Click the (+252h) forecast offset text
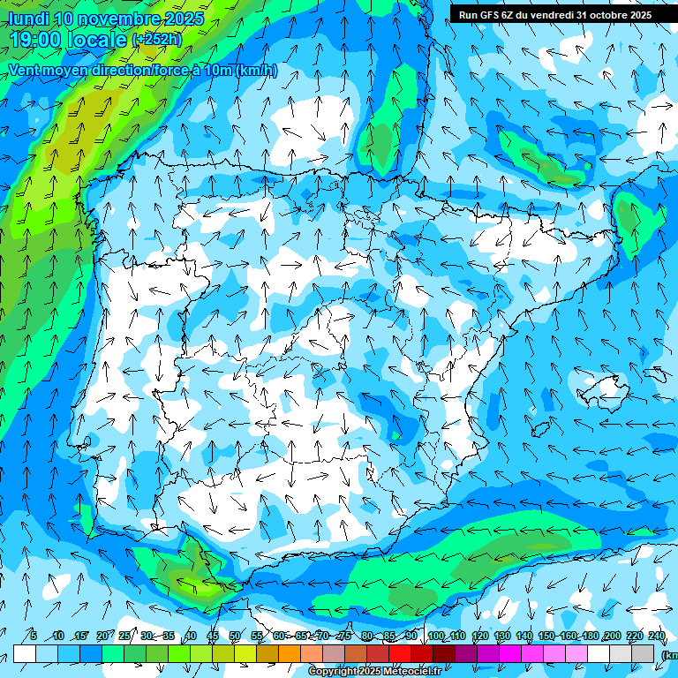(156, 40)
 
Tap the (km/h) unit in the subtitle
(257, 71)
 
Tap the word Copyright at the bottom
(334, 672)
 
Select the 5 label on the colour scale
(33, 636)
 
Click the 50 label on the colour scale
(234, 636)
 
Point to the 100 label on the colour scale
(435, 636)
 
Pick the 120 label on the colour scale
(480, 636)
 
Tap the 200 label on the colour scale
(612, 636)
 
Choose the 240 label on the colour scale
(656, 636)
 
